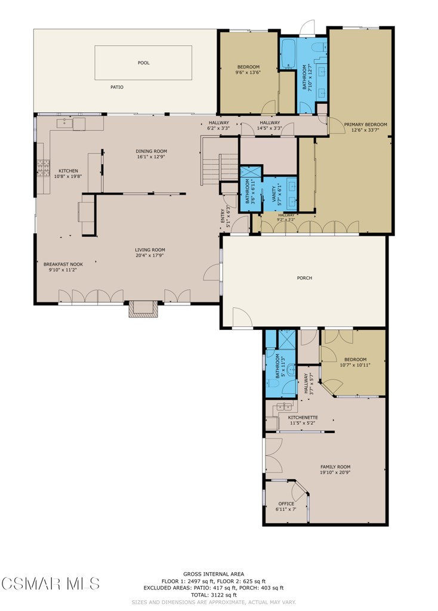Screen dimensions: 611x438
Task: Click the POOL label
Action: pyautogui.click(x=143, y=63)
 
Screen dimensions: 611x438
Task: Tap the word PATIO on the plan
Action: pyautogui.click(x=117, y=87)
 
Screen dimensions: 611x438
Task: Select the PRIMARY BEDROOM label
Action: pyautogui.click(x=365, y=125)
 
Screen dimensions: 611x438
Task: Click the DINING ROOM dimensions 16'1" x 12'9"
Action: pyautogui.click(x=152, y=158)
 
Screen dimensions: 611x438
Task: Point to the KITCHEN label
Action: pyautogui.click(x=68, y=171)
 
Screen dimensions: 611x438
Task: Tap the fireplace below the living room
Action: pyautogui.click(x=143, y=308)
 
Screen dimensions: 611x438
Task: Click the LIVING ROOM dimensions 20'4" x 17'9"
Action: pyautogui.click(x=149, y=256)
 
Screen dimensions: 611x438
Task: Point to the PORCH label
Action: pyautogui.click(x=304, y=278)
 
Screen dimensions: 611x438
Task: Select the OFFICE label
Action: pyautogui.click(x=286, y=504)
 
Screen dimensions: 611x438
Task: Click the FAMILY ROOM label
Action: pyautogui.click(x=335, y=467)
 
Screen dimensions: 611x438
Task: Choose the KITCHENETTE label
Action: pyautogui.click(x=303, y=418)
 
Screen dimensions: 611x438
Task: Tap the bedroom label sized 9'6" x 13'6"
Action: pyautogui.click(x=248, y=67)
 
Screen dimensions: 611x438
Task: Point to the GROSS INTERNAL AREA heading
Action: pyautogui.click(x=219, y=573)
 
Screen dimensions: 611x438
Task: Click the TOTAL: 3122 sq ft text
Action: pyautogui.click(x=219, y=595)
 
